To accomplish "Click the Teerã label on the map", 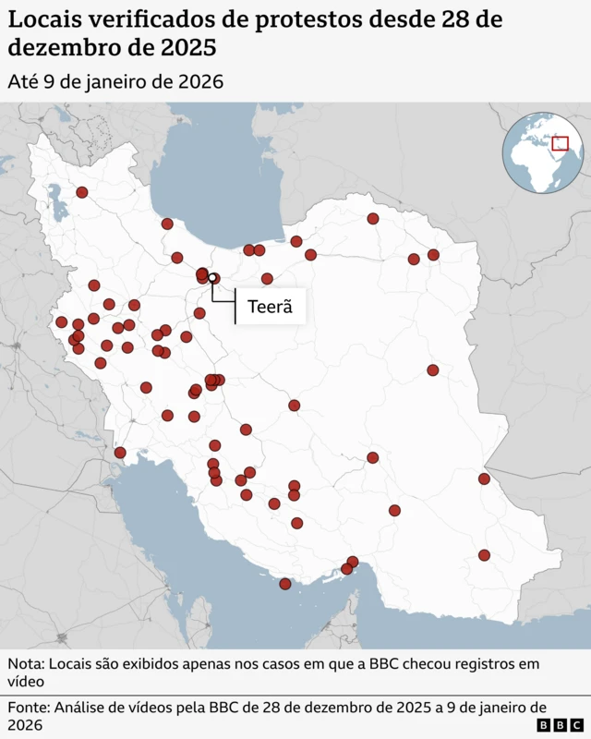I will (270, 308).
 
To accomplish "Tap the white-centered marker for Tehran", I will (212, 277).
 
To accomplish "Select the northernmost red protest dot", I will (82, 192).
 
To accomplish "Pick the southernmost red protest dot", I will (285, 584).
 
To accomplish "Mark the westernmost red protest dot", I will (62, 322).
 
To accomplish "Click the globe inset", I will (544, 152).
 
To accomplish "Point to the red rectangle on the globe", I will (559, 143).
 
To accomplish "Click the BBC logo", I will (560, 724).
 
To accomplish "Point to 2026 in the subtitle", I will (199, 81).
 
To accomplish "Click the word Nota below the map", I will (25, 664).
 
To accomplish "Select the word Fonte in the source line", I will (28, 708).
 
